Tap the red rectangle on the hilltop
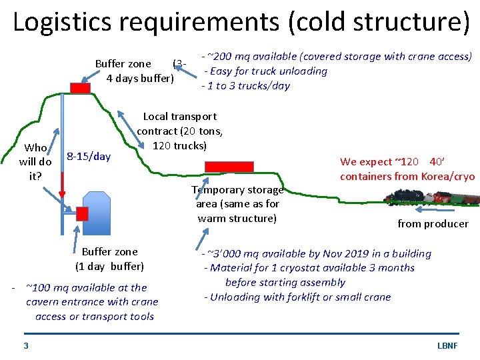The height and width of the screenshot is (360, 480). pos(81,88)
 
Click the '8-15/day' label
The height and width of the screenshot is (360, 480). pos(89,157)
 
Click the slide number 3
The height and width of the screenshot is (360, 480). pos(25,345)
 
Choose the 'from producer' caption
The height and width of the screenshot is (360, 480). pos(433,224)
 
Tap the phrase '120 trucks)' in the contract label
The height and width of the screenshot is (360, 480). pos(180,146)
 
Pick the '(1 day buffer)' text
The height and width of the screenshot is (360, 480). pos(109,266)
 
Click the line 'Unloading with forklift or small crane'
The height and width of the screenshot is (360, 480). pos(297,297)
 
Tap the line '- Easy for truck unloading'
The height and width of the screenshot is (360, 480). pos(265,71)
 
